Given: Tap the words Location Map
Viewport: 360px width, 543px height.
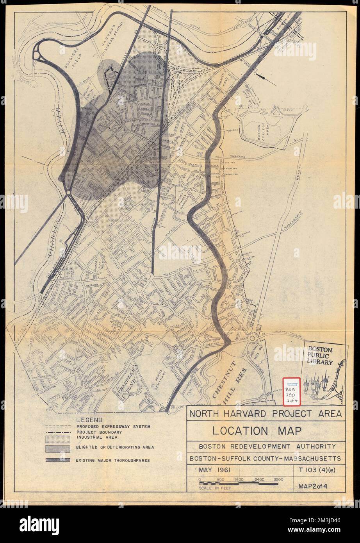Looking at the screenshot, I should (257, 431).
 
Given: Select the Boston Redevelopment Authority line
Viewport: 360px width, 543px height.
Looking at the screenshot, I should (267, 446).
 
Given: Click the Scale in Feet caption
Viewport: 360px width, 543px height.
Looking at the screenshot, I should (215, 488).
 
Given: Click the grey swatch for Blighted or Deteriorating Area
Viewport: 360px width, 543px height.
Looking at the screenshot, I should (57, 447).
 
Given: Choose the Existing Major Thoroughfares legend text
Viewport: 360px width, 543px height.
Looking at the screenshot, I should (113, 460).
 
